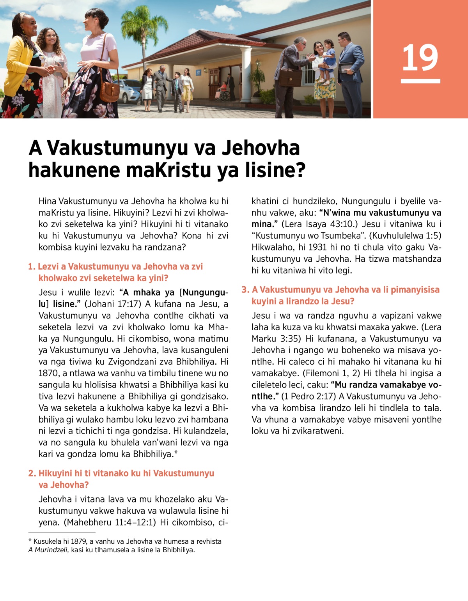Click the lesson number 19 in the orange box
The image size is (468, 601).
[x=420, y=58]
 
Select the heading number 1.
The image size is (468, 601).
[x=31, y=267]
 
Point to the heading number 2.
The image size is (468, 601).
[x=32, y=474]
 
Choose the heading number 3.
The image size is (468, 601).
[x=245, y=290]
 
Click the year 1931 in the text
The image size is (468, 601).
[x=317, y=247]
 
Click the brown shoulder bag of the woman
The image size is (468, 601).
[x=109, y=90]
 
